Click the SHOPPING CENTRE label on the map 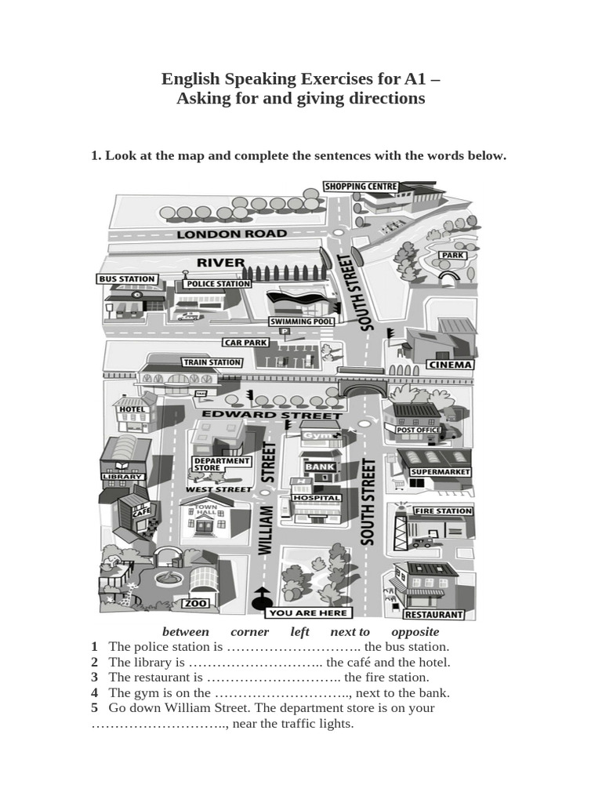tap(361, 187)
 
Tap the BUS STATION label tap(127, 278)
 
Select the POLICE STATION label tap(217, 284)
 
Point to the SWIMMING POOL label tap(302, 322)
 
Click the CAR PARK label tap(245, 343)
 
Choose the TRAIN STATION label tap(212, 362)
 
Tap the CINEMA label tap(449, 365)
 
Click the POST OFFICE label tap(419, 430)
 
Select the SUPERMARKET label tap(440, 472)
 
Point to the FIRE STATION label tap(443, 511)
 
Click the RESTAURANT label tap(434, 615)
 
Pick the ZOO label tap(195, 604)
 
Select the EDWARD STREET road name tap(272, 414)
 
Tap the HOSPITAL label tap(316, 498)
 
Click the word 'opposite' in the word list tap(415, 632)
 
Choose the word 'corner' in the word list tap(250, 632)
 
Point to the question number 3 tap(94, 677)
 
